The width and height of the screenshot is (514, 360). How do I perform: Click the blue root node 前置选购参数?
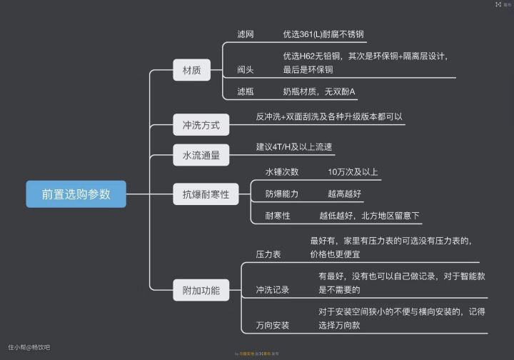pos(76,194)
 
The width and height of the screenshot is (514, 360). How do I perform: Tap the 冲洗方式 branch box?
pos(201,126)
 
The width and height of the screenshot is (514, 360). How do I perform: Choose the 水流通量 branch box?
pos(201,155)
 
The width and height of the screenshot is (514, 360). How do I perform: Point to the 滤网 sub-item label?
pos(246,34)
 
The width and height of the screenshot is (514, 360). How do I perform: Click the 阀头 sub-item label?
pos(246,69)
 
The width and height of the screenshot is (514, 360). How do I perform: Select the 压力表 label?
pos(268,254)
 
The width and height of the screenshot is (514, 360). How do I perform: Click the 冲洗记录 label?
pos(273,289)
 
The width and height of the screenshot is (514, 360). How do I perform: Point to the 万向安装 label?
pos(273,325)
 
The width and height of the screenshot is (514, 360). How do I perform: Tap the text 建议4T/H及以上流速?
pos(294,147)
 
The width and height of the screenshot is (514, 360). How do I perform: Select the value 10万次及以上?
pos(353,171)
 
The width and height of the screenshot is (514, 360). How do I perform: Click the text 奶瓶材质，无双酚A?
pos(318,91)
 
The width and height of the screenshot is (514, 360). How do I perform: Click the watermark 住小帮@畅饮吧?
pos(29,346)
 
